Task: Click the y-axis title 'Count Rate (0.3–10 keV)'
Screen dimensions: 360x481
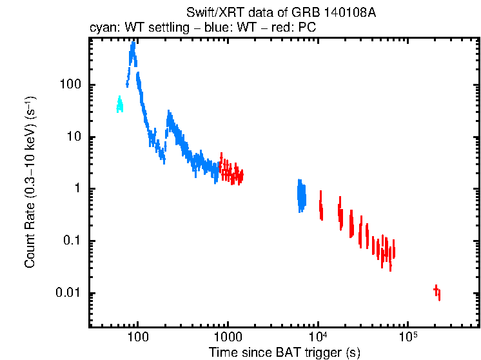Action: point(30,183)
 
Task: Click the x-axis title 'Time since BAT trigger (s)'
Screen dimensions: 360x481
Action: point(284,352)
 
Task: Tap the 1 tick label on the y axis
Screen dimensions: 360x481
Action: point(75,189)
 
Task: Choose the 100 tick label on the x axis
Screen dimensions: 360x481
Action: point(137,337)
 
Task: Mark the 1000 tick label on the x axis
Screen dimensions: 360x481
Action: point(227,337)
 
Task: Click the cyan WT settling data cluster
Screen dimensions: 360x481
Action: point(119,104)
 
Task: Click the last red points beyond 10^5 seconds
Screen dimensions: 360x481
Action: point(437,292)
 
